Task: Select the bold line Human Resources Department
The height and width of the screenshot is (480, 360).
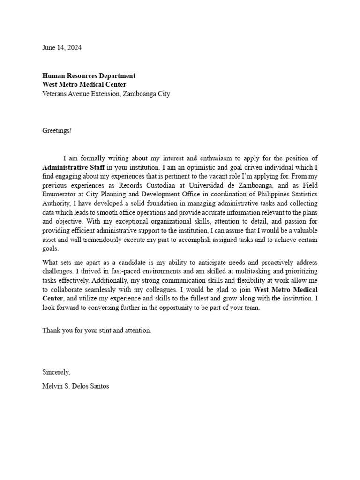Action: click(89, 75)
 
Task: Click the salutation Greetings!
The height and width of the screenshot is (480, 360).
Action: click(57, 130)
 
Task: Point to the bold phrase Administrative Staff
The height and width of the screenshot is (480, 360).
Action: click(74, 167)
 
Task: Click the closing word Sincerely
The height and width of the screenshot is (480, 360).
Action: click(56, 372)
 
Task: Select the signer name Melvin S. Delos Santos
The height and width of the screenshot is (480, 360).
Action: click(75, 387)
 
